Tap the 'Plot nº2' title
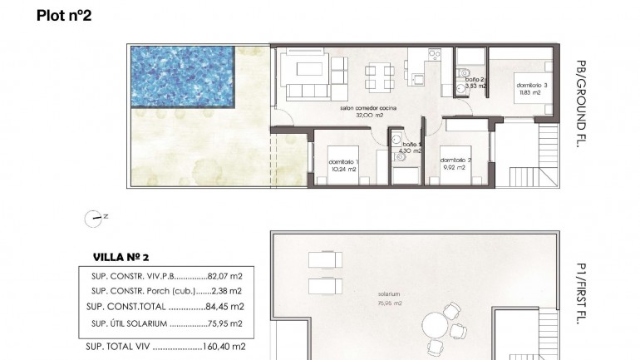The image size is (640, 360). (65, 15)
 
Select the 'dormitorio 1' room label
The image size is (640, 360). (342, 160)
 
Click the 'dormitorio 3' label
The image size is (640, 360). (531, 86)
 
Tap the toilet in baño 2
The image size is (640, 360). (462, 72)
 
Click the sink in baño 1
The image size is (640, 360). (397, 140)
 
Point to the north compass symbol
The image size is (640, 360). (94, 219)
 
